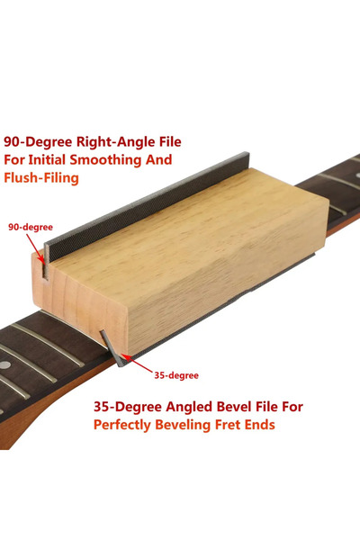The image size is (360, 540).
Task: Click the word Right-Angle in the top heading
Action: [115, 142]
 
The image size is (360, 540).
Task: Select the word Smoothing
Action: [105, 160]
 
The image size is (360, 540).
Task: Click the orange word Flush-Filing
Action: [41, 178]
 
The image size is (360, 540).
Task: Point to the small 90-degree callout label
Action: [31, 228]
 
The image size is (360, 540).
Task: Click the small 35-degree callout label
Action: [176, 375]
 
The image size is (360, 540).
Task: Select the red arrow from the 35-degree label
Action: [138, 364]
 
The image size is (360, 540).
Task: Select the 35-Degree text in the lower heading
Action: [128, 407]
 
